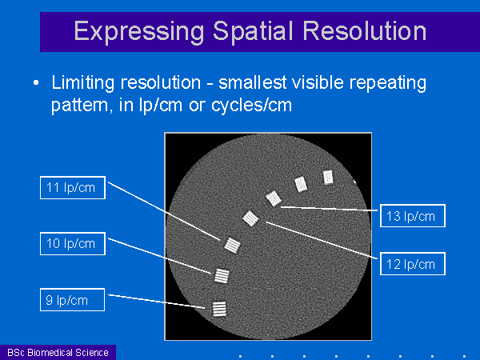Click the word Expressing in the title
[139, 32]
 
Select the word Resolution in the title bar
[364, 31]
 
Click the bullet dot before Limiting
[36, 83]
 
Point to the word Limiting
[83, 83]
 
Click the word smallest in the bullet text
[253, 82]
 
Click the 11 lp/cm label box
[73, 188]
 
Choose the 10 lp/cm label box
[73, 244]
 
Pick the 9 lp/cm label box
[73, 300]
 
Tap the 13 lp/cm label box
[413, 216]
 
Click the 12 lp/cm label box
[413, 263]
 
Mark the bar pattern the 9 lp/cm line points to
[219, 309]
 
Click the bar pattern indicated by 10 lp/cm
[222, 276]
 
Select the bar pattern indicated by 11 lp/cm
[232, 246]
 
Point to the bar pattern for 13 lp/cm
[274, 198]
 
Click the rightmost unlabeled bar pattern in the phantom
[328, 178]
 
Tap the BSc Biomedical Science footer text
[58, 353]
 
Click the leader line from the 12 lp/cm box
[322, 240]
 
